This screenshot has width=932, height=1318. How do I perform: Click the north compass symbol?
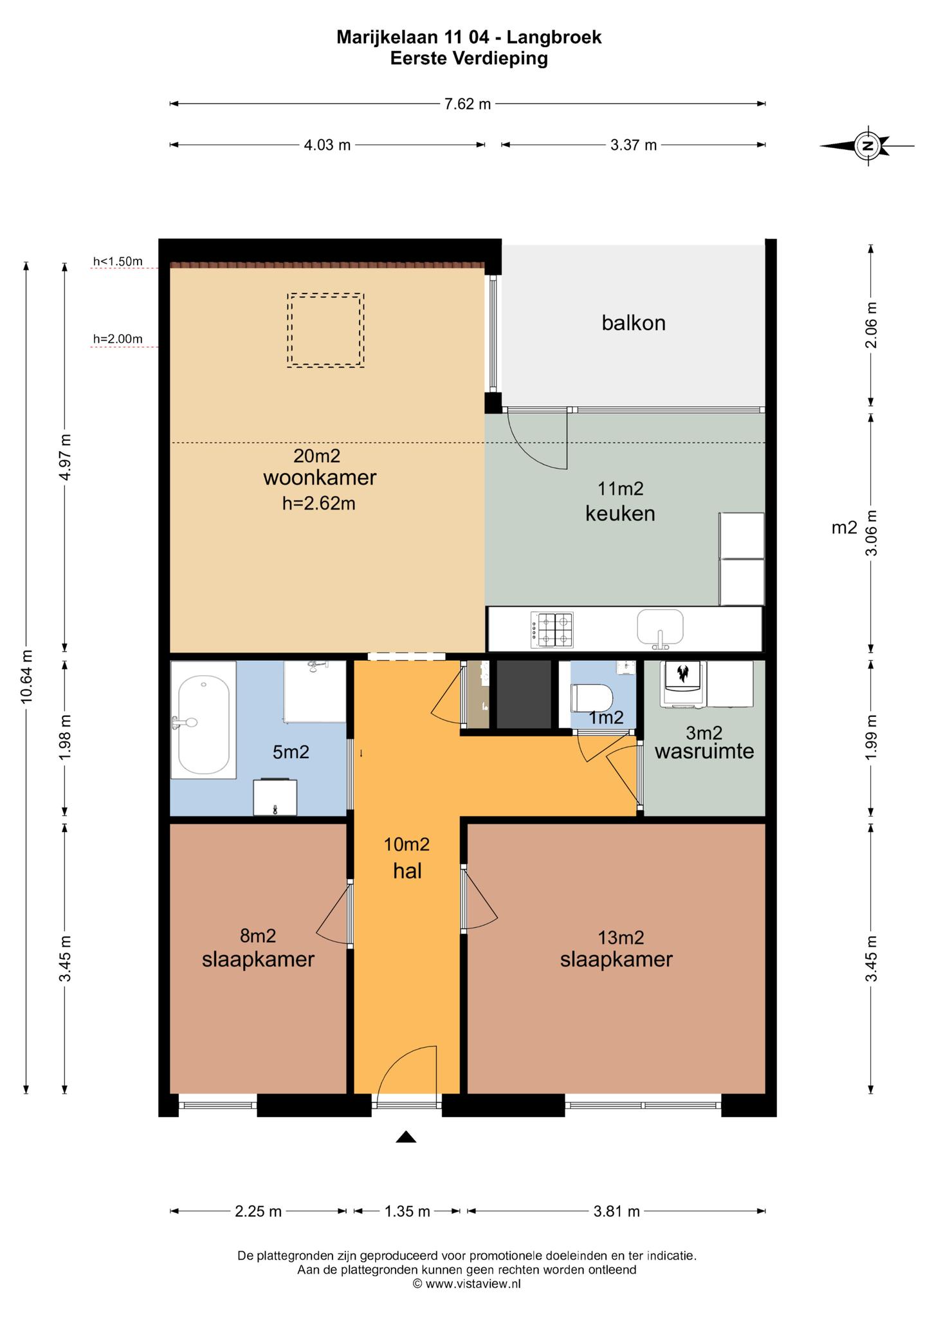pyautogui.click(x=867, y=146)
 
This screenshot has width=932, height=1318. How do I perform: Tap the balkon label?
pyautogui.click(x=634, y=322)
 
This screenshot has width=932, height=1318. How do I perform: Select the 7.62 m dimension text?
pyautogui.click(x=468, y=104)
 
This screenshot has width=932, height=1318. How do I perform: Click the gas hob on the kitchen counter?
pyautogui.click(x=552, y=630)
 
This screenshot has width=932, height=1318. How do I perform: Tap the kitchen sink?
pyautogui.click(x=660, y=628)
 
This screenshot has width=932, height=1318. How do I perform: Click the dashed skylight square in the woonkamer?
pyautogui.click(x=325, y=330)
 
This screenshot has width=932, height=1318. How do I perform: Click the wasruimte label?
pyautogui.click(x=704, y=751)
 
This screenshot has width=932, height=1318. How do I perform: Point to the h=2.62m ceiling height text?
pyautogui.click(x=319, y=503)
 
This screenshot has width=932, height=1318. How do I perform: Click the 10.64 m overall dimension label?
pyautogui.click(x=26, y=677)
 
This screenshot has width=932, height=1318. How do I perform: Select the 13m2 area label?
pyautogui.click(x=621, y=938)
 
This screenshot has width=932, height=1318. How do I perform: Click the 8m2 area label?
pyautogui.click(x=258, y=935)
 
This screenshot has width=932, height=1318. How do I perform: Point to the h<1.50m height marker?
pyautogui.click(x=118, y=261)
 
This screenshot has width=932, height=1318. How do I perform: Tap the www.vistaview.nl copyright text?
pyautogui.click(x=466, y=1283)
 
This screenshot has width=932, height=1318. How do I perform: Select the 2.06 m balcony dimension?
pyautogui.click(x=871, y=325)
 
